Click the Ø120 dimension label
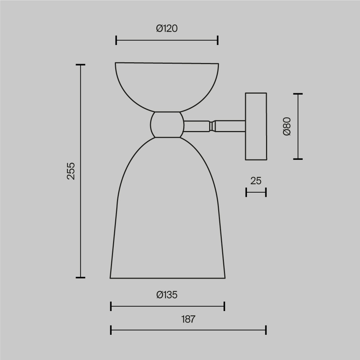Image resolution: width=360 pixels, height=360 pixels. pyautogui.click(x=167, y=28)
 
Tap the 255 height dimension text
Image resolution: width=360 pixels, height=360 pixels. pyautogui.click(x=71, y=171)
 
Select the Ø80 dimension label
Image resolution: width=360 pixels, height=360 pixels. pyautogui.click(x=287, y=126)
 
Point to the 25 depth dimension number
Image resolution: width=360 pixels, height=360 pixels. pyautogui.click(x=256, y=181)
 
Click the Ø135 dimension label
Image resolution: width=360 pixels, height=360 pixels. pyautogui.click(x=167, y=295)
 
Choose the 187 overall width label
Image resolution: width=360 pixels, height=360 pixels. pyautogui.click(x=188, y=319)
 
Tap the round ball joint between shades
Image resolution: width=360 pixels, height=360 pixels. pyautogui.click(x=167, y=125)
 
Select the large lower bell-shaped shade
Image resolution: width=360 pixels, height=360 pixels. pyautogui.click(x=167, y=216)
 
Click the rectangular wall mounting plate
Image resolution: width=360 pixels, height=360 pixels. pyautogui.click(x=256, y=126)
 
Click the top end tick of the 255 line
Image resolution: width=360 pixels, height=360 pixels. pyautogui.click(x=80, y=65)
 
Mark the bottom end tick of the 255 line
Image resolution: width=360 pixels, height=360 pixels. pyautogui.click(x=80, y=278)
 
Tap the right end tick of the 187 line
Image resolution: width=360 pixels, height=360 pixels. pyautogui.click(x=266, y=330)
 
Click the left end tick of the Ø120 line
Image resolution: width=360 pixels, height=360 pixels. pyautogui.click(x=116, y=40)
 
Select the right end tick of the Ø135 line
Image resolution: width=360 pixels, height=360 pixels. pyautogui.click(x=224, y=306)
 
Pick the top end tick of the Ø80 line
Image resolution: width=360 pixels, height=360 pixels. pyautogui.click(x=298, y=94)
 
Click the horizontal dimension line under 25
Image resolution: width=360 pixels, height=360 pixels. pyautogui.click(x=256, y=193)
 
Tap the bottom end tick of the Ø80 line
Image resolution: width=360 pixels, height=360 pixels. pyautogui.click(x=298, y=159)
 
